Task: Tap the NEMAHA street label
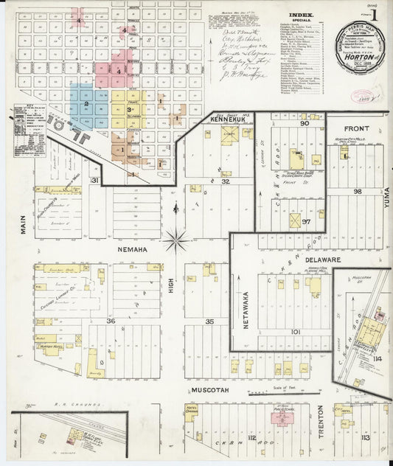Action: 133,251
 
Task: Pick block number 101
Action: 296,332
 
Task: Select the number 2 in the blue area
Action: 86,105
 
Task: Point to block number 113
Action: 365,438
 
